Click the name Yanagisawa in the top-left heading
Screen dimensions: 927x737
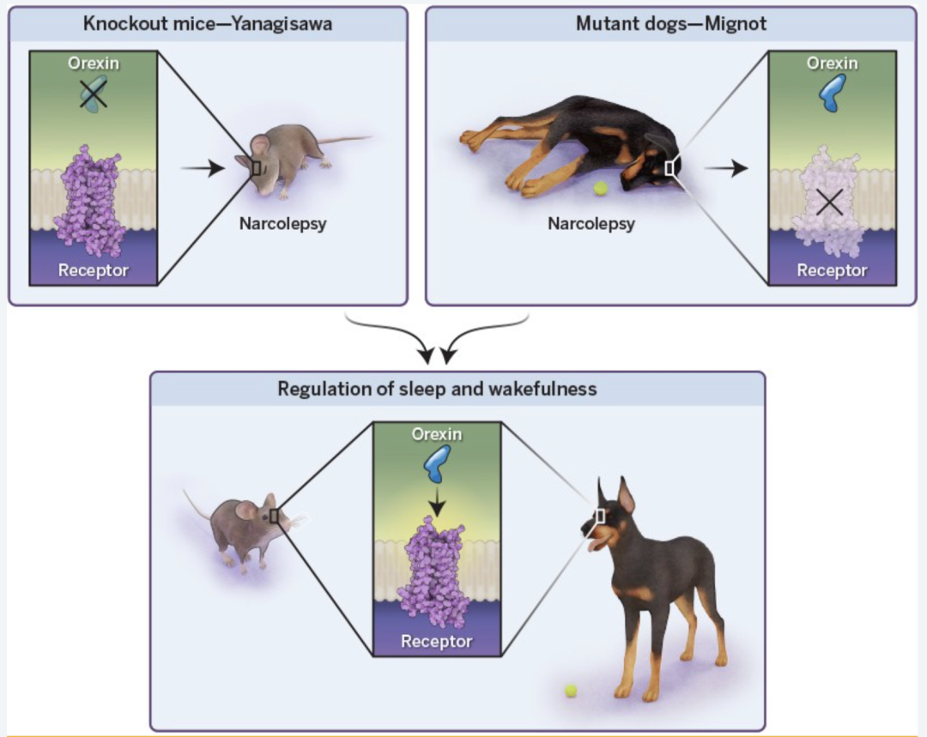click(282, 24)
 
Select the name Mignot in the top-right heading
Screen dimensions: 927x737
click(736, 24)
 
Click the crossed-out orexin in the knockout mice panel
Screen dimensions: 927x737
click(94, 94)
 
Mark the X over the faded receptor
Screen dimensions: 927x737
click(829, 202)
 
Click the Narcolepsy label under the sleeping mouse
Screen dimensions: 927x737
click(282, 223)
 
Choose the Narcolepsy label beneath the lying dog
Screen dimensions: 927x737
click(591, 223)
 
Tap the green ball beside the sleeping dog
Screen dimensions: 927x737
click(601, 189)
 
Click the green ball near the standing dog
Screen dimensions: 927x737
click(571, 690)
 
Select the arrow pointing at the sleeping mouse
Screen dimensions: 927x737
click(203, 168)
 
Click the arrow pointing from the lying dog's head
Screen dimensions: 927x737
click(726, 168)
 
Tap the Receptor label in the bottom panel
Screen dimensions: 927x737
click(436, 641)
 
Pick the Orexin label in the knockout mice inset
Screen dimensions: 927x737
click(94, 63)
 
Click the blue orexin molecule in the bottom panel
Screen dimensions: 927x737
click(437, 463)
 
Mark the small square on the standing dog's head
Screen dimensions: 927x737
click(599, 516)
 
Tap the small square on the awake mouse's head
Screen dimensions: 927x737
click(274, 516)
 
